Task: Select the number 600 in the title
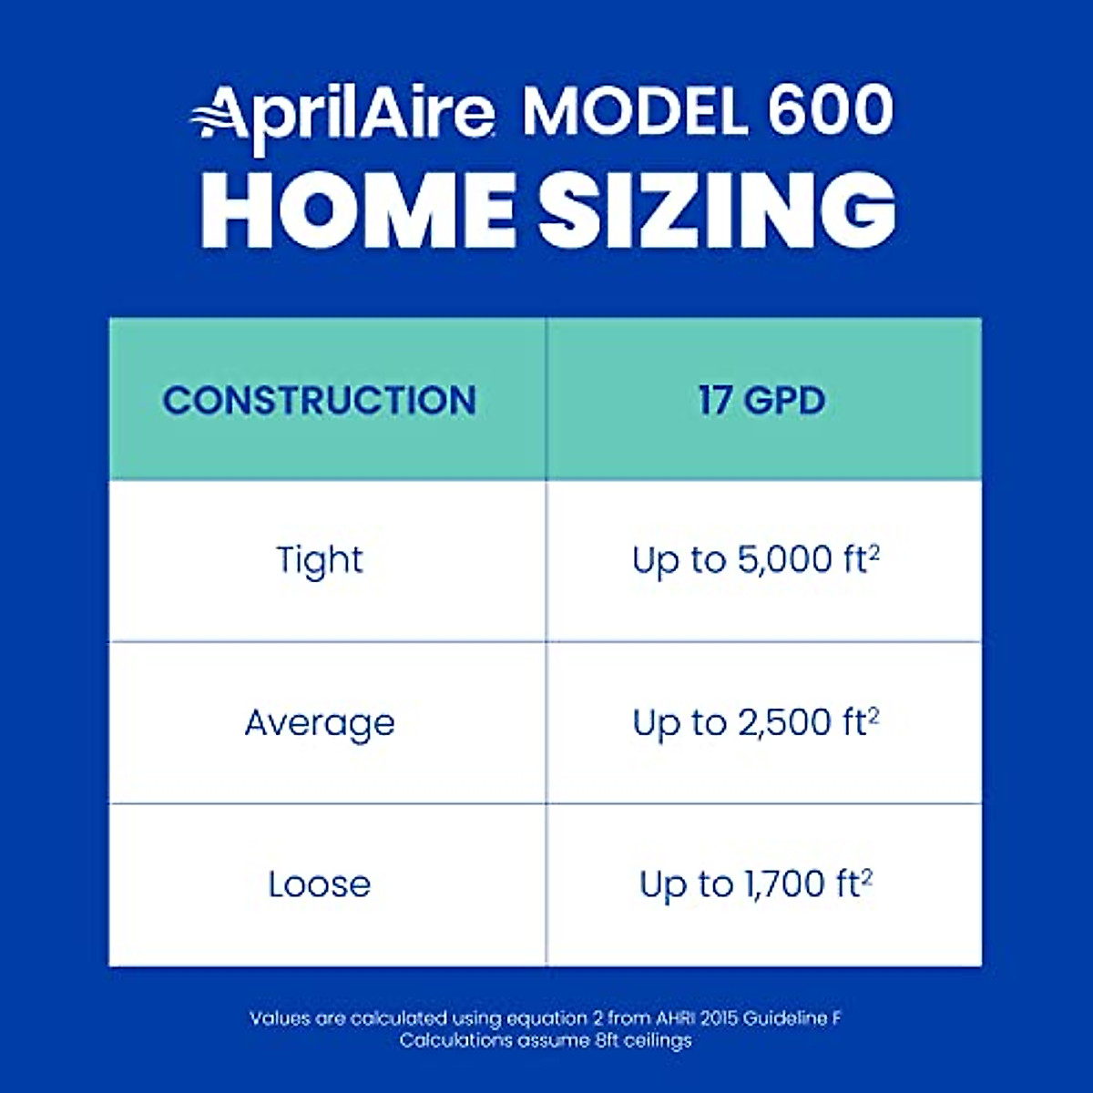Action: pos(829,111)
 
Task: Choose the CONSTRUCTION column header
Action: pos(320,401)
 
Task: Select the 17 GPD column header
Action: pos(762,401)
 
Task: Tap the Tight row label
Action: pos(320,560)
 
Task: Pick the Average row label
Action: pos(320,723)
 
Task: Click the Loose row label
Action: pos(320,884)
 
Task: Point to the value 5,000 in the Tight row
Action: pos(784,560)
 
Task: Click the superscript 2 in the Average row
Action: pos(873,714)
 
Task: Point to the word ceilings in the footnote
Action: pos(658,1040)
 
